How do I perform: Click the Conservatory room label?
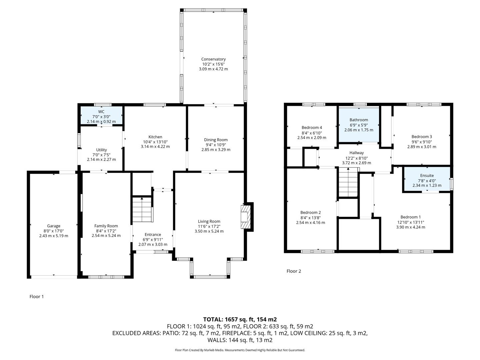click(x=213, y=59)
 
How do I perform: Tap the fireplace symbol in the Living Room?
click(x=245, y=217)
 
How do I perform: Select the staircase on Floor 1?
click(x=142, y=210)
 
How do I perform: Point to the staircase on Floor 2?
click(x=348, y=183)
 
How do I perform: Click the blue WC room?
click(x=101, y=115)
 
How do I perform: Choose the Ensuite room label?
click(x=427, y=176)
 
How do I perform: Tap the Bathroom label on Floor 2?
click(x=359, y=120)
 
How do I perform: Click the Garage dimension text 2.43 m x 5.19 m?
click(x=53, y=236)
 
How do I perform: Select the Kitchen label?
click(x=155, y=137)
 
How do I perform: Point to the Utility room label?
click(x=101, y=150)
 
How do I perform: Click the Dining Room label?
click(x=216, y=140)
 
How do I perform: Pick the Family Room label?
click(x=106, y=226)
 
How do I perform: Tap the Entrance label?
click(x=153, y=235)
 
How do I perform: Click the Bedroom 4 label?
click(x=312, y=128)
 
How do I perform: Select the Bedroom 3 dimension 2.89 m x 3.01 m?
click(x=422, y=147)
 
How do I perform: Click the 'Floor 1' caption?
click(x=37, y=297)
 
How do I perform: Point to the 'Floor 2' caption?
click(x=294, y=271)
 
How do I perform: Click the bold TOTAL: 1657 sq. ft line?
click(x=240, y=319)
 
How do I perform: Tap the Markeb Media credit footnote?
click(x=240, y=350)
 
